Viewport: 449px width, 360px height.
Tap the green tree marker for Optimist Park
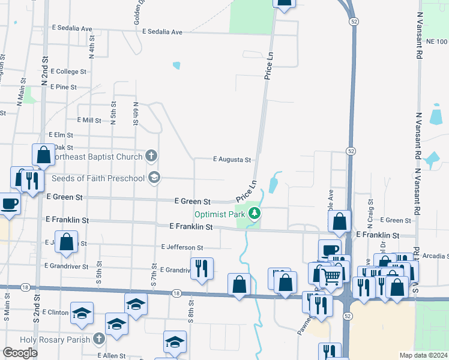coord(255,213)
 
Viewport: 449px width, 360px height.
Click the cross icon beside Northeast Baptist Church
coord(151,157)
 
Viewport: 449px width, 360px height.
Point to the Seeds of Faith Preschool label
coord(98,178)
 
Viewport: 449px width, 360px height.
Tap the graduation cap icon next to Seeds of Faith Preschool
coord(154,177)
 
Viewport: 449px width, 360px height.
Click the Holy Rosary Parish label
coord(55,340)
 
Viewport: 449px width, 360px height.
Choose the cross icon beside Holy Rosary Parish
coord(100,340)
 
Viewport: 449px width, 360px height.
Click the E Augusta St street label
coord(232,160)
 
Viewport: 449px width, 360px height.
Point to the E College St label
coord(72,71)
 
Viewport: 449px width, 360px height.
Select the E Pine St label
coord(64,87)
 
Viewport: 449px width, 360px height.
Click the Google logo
coord(20,352)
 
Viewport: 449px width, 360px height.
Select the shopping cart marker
coord(332,277)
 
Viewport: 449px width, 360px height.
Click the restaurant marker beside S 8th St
coord(202,268)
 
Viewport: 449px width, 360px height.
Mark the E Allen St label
coord(112,356)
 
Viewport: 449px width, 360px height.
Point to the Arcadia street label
coord(435,256)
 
